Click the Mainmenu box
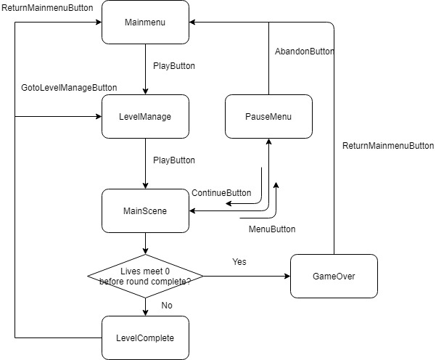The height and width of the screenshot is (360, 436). click(x=145, y=22)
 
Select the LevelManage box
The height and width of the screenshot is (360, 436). click(x=145, y=116)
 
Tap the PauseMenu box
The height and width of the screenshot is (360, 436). click(x=268, y=116)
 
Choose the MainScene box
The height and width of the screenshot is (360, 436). click(x=145, y=210)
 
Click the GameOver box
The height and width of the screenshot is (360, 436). click(x=334, y=276)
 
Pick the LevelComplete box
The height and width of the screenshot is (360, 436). click(x=145, y=338)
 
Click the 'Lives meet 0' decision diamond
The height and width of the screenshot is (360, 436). click(x=145, y=276)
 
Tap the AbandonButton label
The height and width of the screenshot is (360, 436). click(x=305, y=52)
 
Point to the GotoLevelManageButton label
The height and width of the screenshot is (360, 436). click(x=70, y=88)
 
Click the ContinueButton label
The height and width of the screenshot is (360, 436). click(x=221, y=193)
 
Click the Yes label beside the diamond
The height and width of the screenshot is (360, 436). click(x=239, y=261)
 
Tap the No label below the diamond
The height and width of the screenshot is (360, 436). click(x=167, y=306)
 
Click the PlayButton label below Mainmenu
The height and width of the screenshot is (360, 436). click(x=174, y=66)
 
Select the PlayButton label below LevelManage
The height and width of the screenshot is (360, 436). click(x=174, y=160)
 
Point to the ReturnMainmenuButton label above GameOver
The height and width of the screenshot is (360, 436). click(x=387, y=146)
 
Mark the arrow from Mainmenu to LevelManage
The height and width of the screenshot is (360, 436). click(x=145, y=69)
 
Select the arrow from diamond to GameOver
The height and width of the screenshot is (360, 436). click(x=247, y=276)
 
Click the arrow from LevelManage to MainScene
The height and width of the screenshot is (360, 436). click(x=145, y=163)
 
